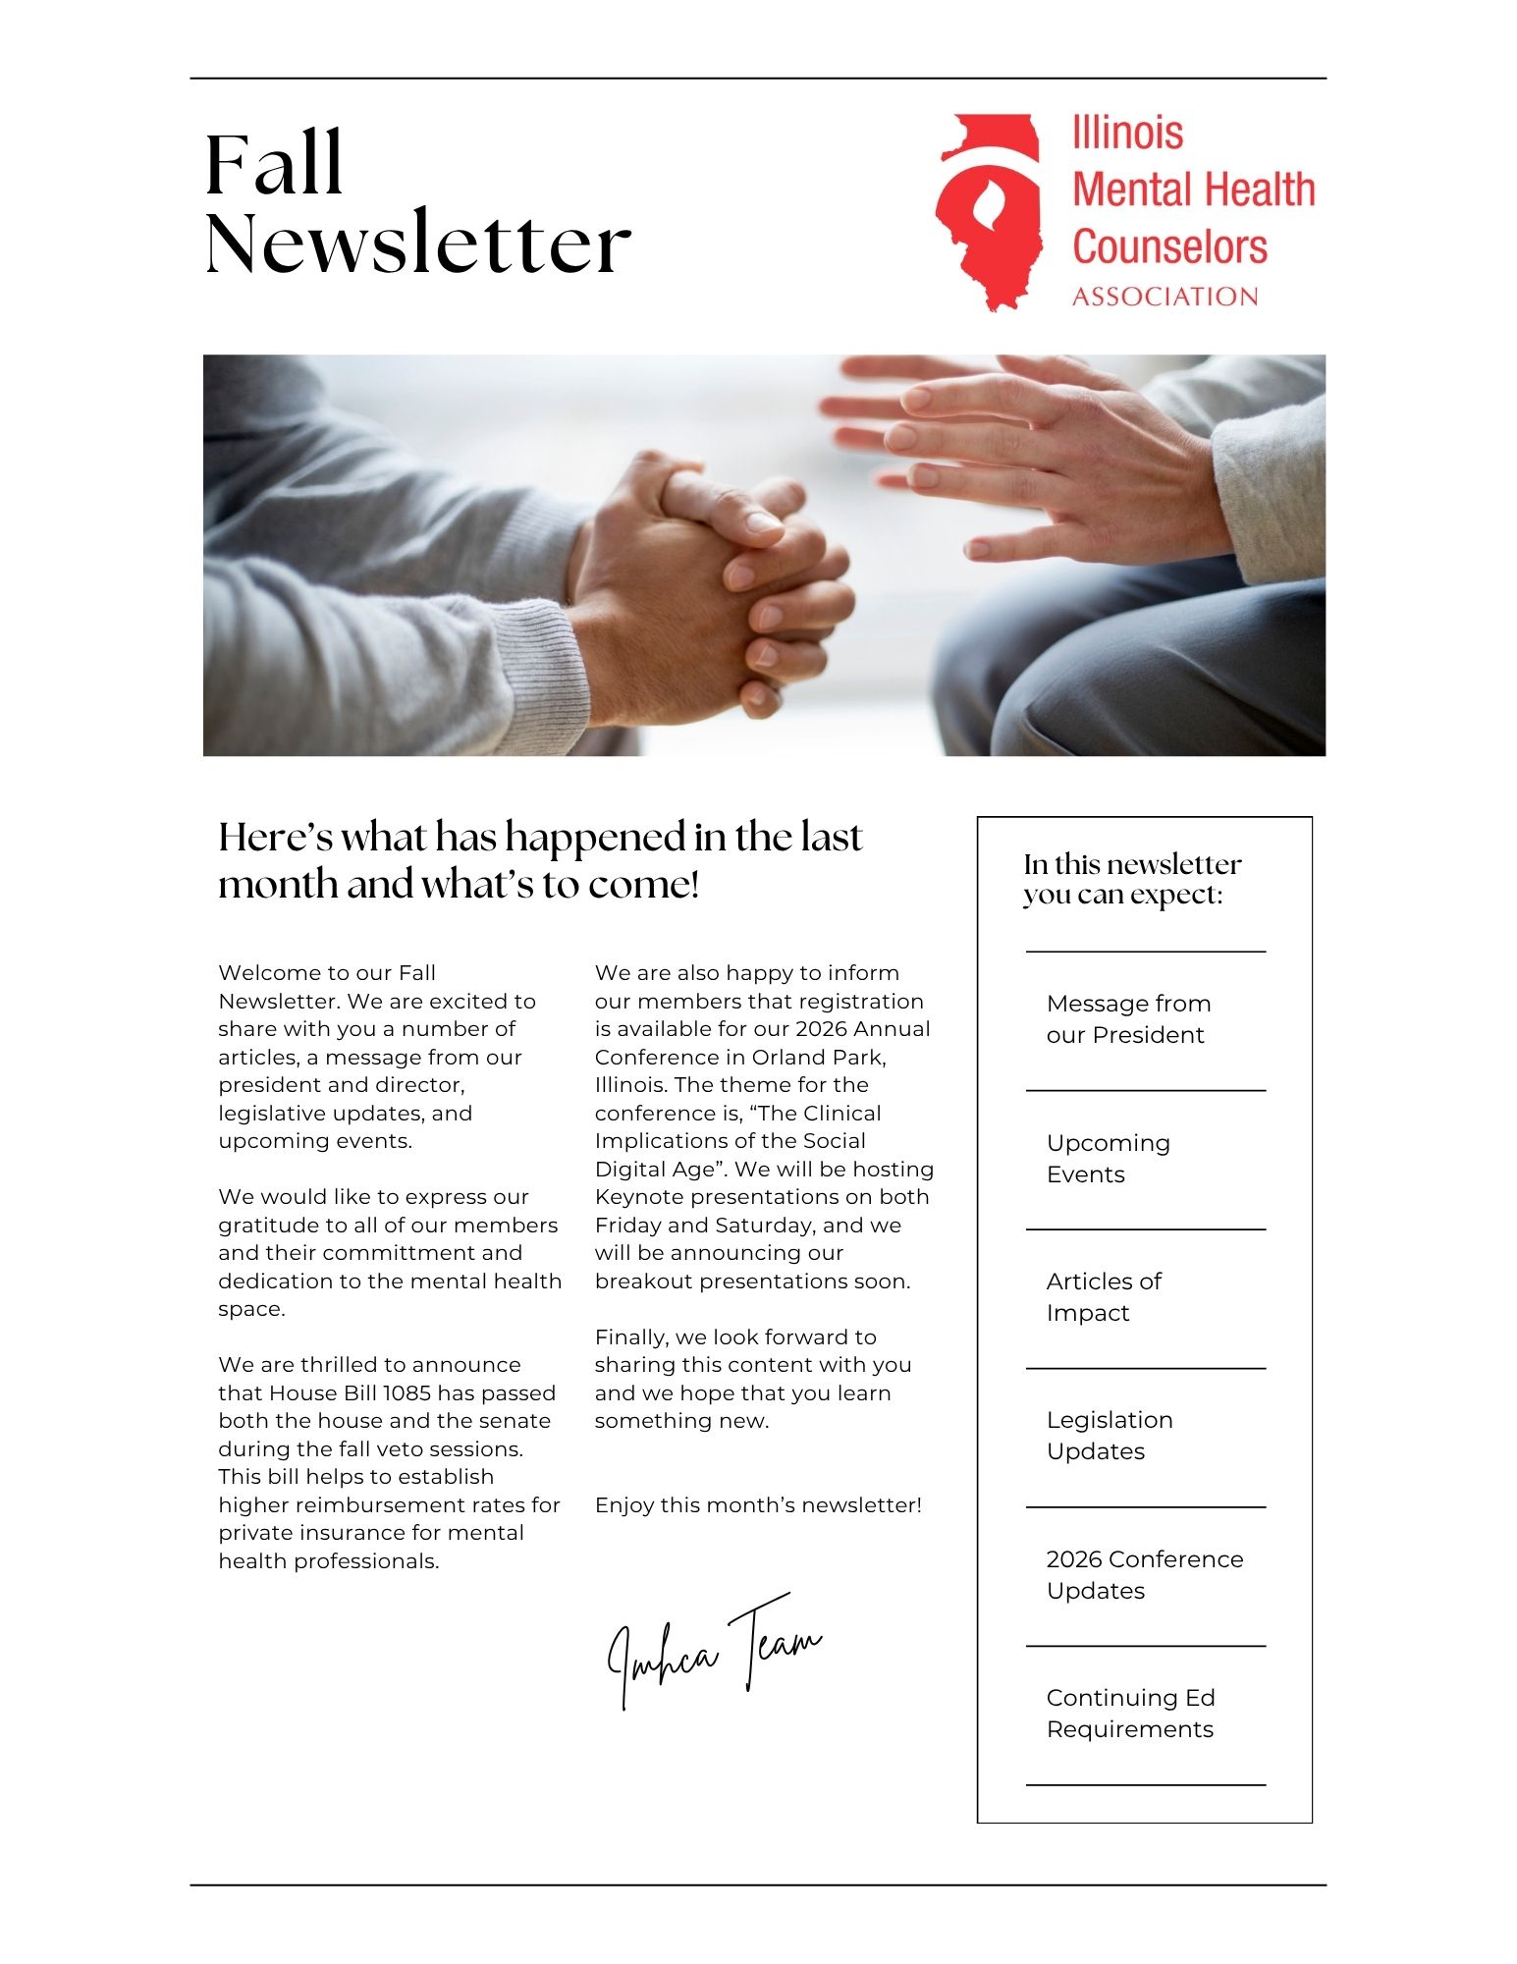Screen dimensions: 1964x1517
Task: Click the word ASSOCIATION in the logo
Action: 1165,297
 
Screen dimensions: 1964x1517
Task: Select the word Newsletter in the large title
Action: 417,243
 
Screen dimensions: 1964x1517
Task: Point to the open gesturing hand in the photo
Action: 1021,452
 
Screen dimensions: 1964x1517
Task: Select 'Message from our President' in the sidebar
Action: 1128,1019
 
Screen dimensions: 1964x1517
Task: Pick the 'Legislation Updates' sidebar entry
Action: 1110,1436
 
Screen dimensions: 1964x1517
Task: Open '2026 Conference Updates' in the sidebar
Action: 1144,1575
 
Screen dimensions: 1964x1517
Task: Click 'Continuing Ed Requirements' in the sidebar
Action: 1130,1714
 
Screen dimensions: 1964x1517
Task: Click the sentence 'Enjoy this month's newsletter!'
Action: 758,1505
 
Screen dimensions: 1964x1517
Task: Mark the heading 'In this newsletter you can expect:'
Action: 1131,879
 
